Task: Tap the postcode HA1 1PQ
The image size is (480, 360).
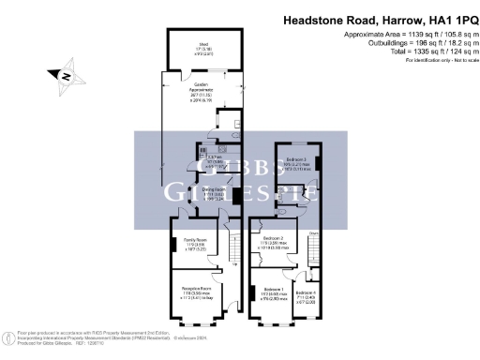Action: (448, 19)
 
